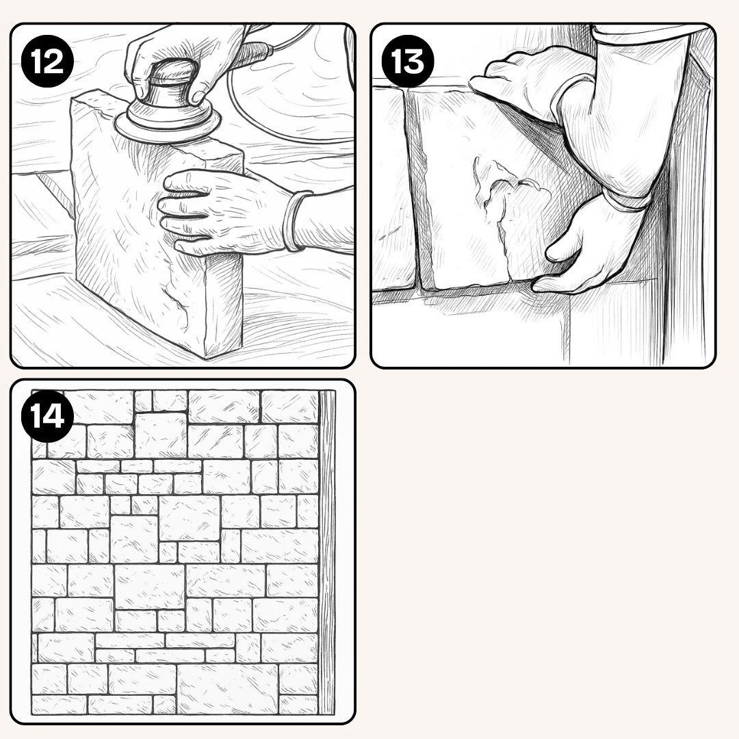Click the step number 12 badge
pyautogui.click(x=47, y=62)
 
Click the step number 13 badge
pyautogui.click(x=408, y=62)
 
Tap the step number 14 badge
pyautogui.click(x=47, y=416)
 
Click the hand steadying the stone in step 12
pyautogui.click(x=222, y=212)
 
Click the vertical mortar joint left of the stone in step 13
pyautogui.click(x=415, y=189)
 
